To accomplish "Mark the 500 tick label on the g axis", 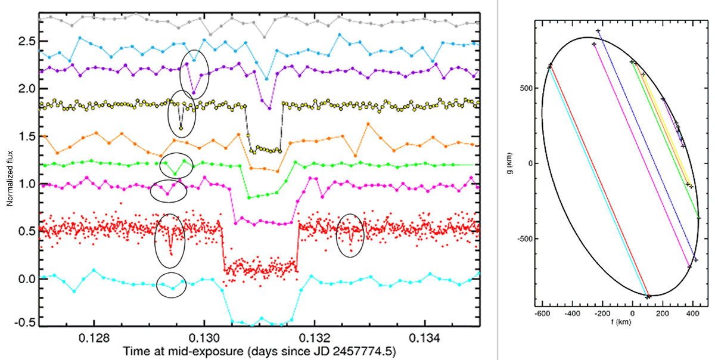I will pyautogui.click(x=527, y=89).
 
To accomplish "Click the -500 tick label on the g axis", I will pyautogui.click(x=525, y=239).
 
